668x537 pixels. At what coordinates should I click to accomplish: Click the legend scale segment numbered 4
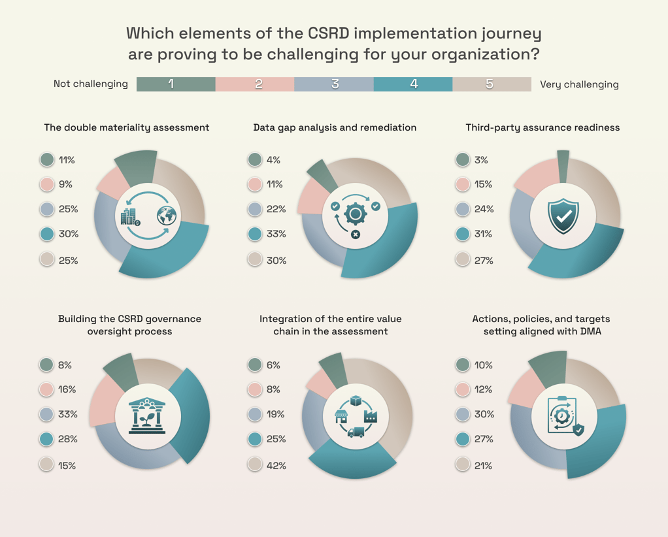[x=413, y=84]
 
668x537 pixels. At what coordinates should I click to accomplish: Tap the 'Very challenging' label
[x=579, y=84]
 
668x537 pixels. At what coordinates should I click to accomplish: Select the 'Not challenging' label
[x=91, y=84]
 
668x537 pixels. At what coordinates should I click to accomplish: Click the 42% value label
[x=276, y=466]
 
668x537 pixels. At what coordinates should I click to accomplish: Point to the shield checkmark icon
[x=563, y=216]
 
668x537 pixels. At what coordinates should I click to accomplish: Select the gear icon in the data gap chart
[x=356, y=214]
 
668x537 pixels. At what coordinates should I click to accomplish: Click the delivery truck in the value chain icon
[x=356, y=432]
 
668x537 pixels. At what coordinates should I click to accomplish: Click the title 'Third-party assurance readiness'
[x=543, y=127]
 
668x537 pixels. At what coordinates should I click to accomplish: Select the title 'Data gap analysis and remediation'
[x=335, y=127]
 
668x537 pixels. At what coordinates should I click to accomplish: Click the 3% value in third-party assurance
[x=481, y=160]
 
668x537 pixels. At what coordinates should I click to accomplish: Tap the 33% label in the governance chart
[x=68, y=414]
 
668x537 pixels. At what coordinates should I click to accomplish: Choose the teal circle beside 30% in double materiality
[x=47, y=234]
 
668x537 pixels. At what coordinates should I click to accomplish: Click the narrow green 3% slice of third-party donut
[x=563, y=167]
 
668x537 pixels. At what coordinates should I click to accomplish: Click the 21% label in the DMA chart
[x=483, y=466]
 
